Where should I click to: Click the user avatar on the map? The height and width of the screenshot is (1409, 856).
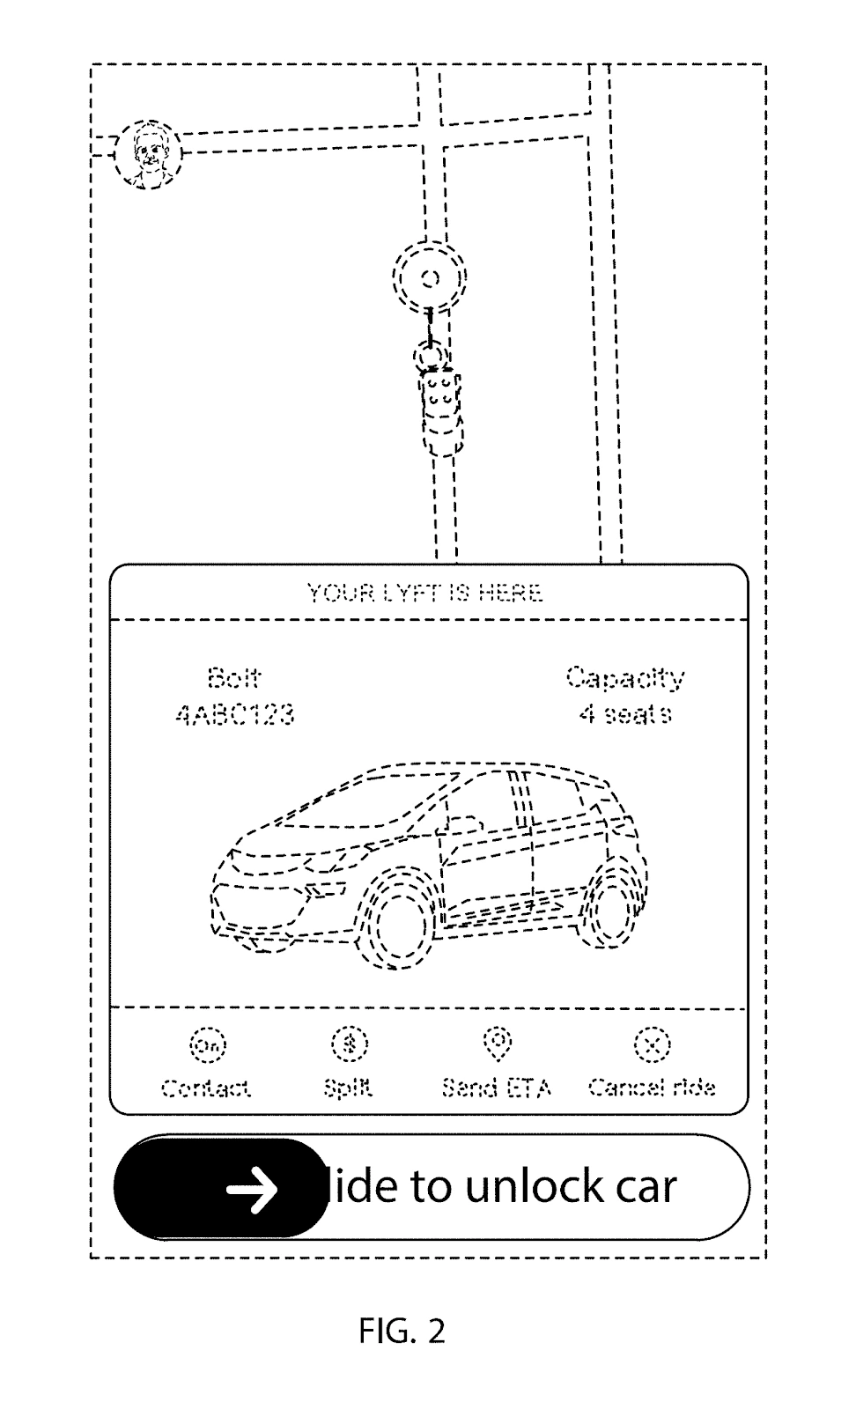coord(147,155)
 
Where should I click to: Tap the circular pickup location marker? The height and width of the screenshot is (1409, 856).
coord(430,279)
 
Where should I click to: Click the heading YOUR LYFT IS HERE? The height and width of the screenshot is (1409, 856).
coord(424,593)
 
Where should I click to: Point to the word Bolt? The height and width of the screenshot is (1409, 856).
coord(234,678)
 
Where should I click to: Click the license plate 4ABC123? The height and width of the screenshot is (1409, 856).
coord(234,714)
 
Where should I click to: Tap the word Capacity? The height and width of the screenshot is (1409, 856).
coord(624,678)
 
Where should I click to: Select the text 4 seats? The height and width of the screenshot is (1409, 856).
coord(624,714)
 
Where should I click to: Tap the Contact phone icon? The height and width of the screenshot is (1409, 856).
coord(208,1045)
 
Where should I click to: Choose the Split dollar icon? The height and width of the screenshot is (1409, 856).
coord(350,1044)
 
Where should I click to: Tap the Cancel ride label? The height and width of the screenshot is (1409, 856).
coord(652,1088)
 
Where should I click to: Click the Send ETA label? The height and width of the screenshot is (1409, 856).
coord(497,1088)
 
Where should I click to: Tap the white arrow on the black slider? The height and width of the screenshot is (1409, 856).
coord(253,1190)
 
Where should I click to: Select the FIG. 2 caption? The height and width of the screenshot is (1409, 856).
coord(402,1331)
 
